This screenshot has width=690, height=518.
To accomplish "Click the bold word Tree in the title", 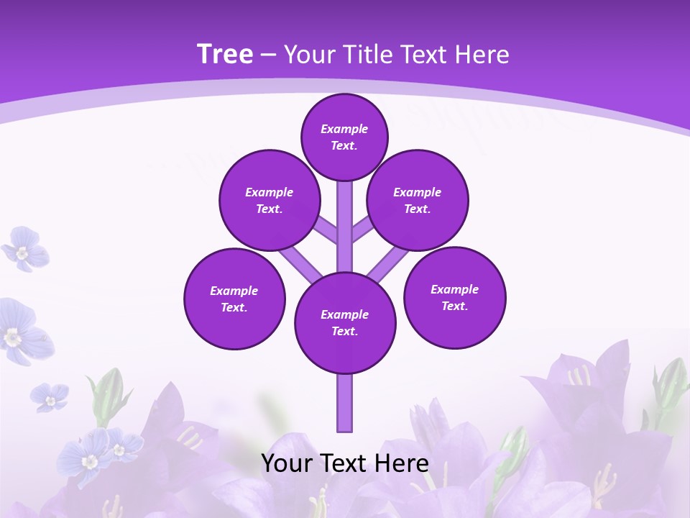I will pyautogui.click(x=225, y=54).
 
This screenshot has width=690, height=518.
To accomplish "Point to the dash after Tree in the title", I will pyautogui.click(x=268, y=55).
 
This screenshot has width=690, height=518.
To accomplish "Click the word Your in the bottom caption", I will pyautogui.click(x=286, y=463).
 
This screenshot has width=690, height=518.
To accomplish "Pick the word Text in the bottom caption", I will pyautogui.click(x=345, y=463).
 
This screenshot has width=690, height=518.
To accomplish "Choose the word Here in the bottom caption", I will pyautogui.click(x=403, y=463).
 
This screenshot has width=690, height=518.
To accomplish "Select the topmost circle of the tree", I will pyautogui.click(x=344, y=137).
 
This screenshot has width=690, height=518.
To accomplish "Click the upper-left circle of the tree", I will pyautogui.click(x=269, y=200).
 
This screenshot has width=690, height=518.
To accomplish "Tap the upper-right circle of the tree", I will pyautogui.click(x=418, y=200).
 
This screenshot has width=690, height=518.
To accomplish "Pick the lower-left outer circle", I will pyautogui.click(x=234, y=299).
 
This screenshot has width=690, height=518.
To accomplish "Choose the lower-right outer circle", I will pyautogui.click(x=455, y=297).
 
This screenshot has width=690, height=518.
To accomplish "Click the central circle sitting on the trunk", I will pyautogui.click(x=345, y=322).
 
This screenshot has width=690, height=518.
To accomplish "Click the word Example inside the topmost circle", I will pyautogui.click(x=344, y=129).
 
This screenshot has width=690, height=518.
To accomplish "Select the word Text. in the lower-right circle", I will pyautogui.click(x=455, y=306).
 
